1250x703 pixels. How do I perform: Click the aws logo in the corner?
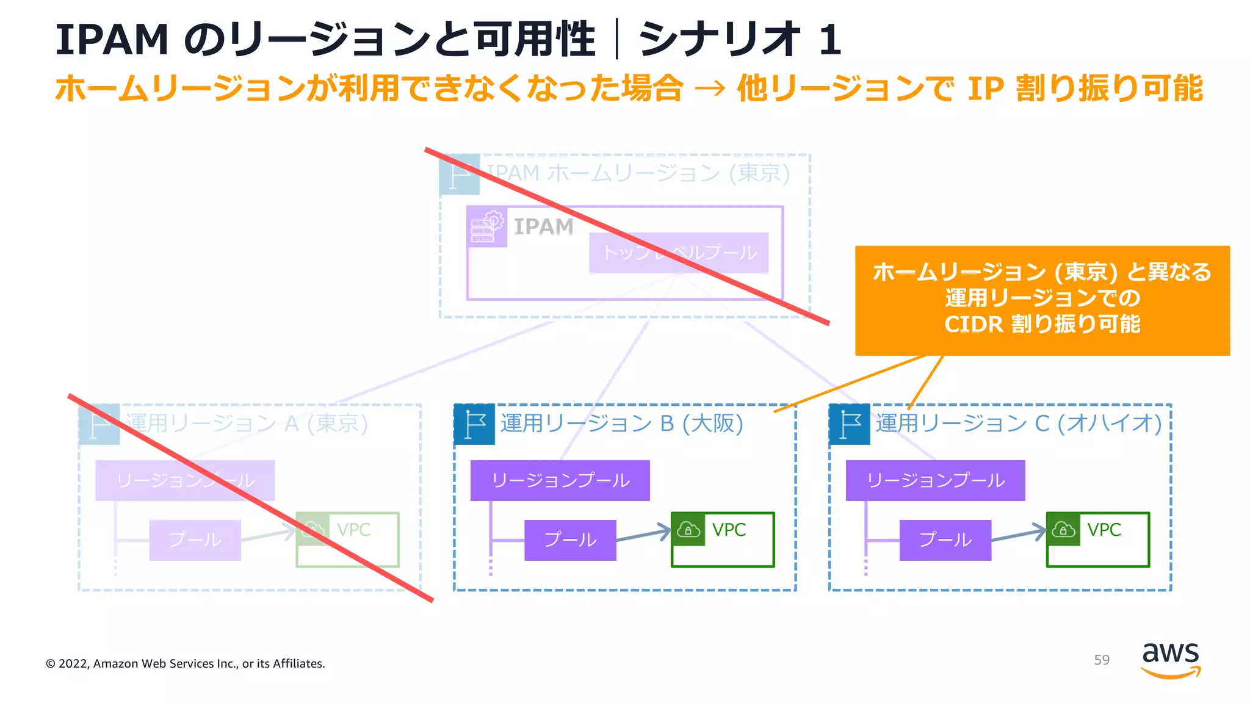(x=1170, y=660)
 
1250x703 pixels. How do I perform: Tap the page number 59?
(x=1102, y=660)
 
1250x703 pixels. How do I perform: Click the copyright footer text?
(x=185, y=664)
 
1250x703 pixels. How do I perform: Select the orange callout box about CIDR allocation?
(x=1042, y=300)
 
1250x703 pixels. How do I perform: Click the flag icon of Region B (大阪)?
(x=474, y=424)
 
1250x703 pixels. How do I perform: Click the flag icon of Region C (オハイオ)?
(x=850, y=424)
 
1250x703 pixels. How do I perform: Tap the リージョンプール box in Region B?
(x=560, y=480)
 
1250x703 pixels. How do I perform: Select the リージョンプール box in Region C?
(x=935, y=480)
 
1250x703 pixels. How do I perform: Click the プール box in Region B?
(x=570, y=540)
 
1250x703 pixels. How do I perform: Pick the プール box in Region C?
(x=945, y=540)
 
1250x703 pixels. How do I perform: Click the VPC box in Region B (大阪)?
(x=723, y=539)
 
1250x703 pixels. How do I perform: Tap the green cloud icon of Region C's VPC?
(x=1063, y=529)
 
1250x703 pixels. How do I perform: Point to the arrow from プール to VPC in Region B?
(x=643, y=535)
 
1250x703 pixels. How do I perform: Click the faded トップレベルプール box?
(x=679, y=252)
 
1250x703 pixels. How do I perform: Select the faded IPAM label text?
(x=543, y=226)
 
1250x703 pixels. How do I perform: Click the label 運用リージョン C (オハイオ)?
(x=1018, y=423)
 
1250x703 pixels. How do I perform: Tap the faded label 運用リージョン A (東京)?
(x=247, y=423)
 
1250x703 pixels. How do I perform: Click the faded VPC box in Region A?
(x=347, y=539)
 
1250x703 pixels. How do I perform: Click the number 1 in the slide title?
(x=829, y=40)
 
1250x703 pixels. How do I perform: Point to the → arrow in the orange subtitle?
(x=710, y=89)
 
